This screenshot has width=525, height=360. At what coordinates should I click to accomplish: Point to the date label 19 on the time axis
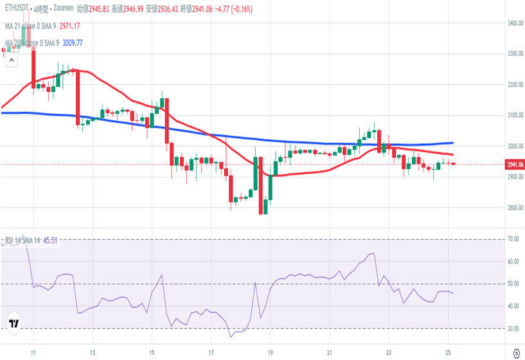271,353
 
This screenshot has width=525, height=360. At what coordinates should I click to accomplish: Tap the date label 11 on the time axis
33,353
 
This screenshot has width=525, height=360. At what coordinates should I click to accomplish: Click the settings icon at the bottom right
515,352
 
